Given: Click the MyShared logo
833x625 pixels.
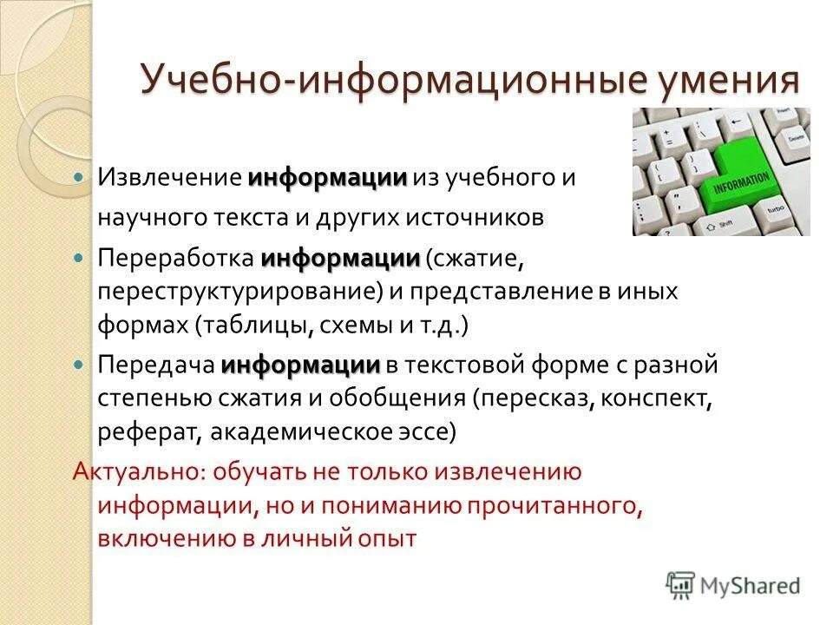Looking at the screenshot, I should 732,585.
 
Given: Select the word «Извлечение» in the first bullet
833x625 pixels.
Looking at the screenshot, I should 168,178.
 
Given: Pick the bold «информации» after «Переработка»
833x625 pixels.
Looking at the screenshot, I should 340,259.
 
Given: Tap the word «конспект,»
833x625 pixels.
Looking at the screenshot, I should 656,398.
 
